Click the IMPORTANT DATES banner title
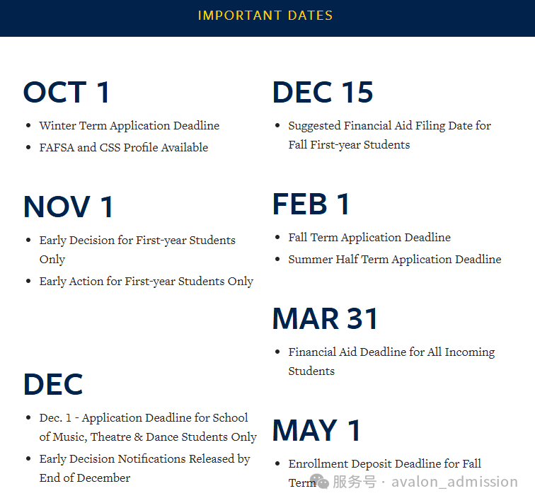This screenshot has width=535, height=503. [x=265, y=16]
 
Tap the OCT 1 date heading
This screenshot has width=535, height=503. [x=67, y=93]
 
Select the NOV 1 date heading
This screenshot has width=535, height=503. [x=68, y=207]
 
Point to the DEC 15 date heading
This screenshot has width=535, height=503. [x=323, y=93]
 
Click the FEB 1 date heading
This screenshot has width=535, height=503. [x=311, y=204]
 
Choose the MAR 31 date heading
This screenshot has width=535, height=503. [x=326, y=319]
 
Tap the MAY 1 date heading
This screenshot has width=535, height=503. [x=316, y=431]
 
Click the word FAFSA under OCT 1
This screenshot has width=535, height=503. [x=56, y=148]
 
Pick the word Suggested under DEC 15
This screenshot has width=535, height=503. [x=314, y=126]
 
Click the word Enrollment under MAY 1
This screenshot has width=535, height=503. [x=316, y=464]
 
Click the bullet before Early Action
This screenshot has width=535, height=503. [x=28, y=282]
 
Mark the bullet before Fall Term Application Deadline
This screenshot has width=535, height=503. [x=277, y=238]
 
